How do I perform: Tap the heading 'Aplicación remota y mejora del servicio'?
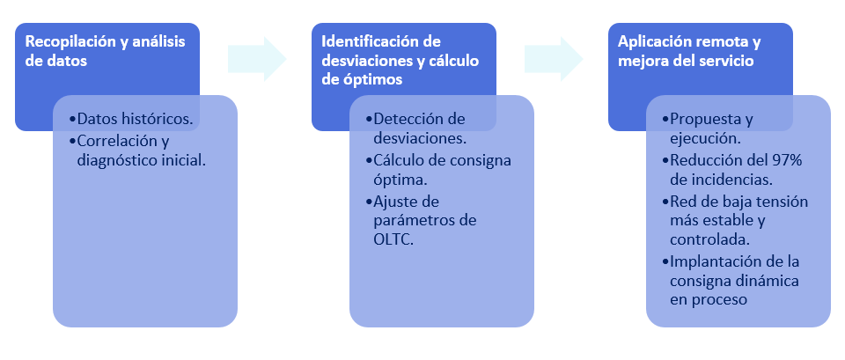click(689, 51)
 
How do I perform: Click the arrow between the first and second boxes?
click(257, 58)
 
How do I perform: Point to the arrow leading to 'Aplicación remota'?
click(554, 58)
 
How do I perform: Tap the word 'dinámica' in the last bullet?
click(768, 281)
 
